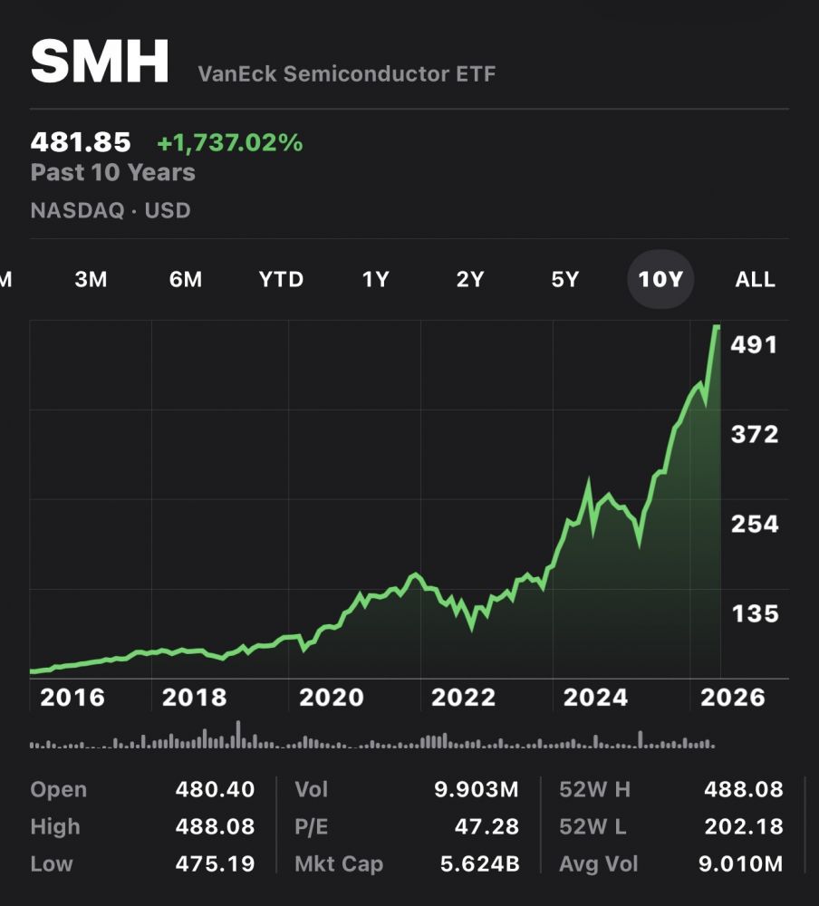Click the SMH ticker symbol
(x=100, y=62)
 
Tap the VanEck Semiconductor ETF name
(x=347, y=74)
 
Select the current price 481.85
(x=81, y=142)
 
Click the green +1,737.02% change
(x=230, y=142)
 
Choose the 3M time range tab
(x=91, y=279)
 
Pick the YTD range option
(x=281, y=279)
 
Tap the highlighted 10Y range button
(x=660, y=279)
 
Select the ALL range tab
(x=755, y=279)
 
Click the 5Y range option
(x=564, y=279)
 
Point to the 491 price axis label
(x=755, y=345)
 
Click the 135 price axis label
(x=755, y=614)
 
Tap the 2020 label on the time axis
(x=332, y=698)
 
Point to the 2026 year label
(x=733, y=698)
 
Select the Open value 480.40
(x=215, y=789)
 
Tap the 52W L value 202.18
(x=744, y=826)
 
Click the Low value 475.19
(x=216, y=864)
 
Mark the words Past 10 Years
(x=113, y=172)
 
